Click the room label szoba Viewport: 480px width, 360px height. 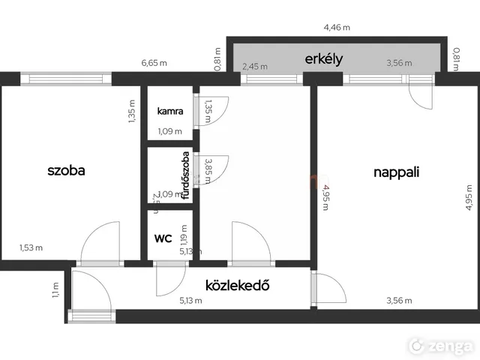coord(66,170)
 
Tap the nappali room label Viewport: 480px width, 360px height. coord(396,172)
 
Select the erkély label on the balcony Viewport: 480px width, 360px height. coord(323,58)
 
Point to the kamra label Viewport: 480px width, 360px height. coord(169,111)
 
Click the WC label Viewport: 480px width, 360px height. coord(163,238)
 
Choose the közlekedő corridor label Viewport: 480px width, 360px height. coord(237,285)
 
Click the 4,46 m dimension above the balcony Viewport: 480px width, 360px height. coord(336,28)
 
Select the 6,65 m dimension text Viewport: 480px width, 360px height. coord(154,65)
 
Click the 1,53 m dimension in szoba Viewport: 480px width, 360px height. coord(31,247)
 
